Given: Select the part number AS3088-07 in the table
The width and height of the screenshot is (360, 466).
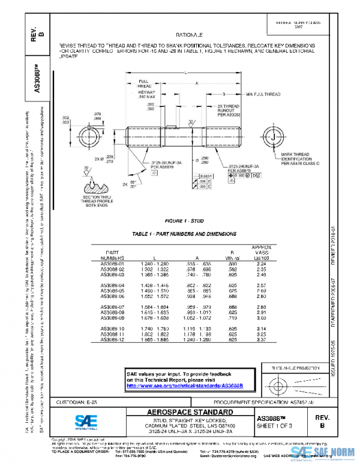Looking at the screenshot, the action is (112, 307).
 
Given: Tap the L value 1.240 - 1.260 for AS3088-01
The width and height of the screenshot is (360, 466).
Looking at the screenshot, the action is (155, 263).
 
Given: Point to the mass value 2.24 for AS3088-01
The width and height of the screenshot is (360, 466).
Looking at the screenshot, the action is (260, 263).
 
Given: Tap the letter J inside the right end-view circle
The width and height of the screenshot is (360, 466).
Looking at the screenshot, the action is (274, 138).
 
